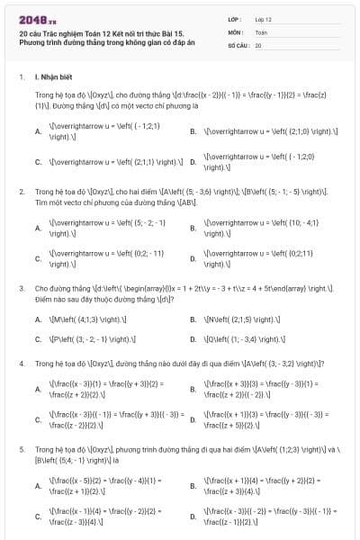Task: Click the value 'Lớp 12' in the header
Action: (x=263, y=18)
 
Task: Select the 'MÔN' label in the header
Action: (x=236, y=31)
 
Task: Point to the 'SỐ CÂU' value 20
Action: (x=258, y=44)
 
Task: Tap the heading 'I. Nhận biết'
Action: (x=53, y=77)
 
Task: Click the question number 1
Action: (x=21, y=77)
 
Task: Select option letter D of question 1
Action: (x=193, y=163)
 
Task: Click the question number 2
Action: (x=21, y=192)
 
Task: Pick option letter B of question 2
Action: (x=193, y=227)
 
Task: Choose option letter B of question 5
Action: (x=193, y=486)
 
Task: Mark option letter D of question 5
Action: (x=193, y=517)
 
